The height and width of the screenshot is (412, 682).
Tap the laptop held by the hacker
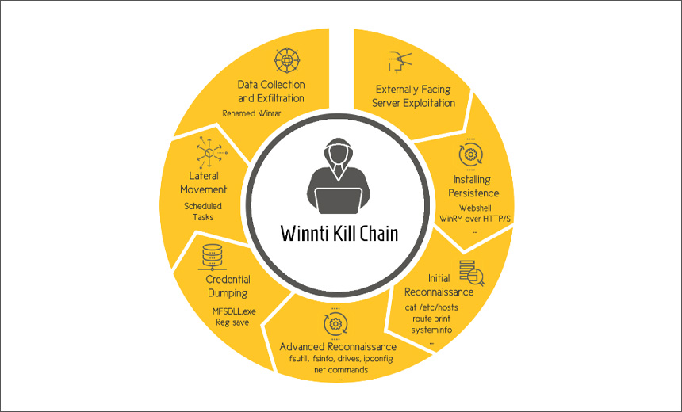coord(338,201)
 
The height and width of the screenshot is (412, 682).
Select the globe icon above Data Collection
coord(287,60)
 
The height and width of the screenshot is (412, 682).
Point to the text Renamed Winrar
coord(252,113)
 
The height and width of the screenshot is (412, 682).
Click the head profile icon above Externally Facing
coord(399,62)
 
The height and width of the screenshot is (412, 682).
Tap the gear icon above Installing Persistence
coord(470,154)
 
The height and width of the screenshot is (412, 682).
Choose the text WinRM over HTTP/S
coord(475,219)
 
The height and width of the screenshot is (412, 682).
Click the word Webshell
coord(475,208)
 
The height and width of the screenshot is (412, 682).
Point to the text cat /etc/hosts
coord(431,307)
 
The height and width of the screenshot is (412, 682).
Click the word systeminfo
coord(431,330)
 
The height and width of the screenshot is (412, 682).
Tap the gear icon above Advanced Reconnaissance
coord(335,324)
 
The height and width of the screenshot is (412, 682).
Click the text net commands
coord(341,370)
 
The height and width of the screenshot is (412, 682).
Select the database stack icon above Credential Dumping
coord(213,257)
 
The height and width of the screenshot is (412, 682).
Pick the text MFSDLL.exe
coord(234,311)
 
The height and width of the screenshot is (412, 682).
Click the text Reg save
coord(232,322)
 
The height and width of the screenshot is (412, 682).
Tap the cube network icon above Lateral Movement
coord(210,153)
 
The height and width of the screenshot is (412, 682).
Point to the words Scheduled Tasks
coord(203,212)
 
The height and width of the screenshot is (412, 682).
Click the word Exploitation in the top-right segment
coord(429,103)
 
